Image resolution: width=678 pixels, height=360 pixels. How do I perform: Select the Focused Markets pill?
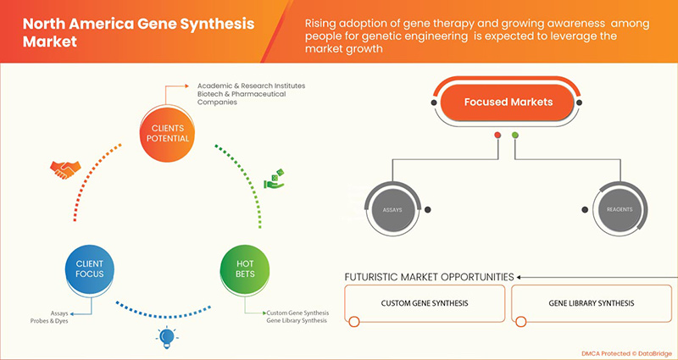coord(508,102)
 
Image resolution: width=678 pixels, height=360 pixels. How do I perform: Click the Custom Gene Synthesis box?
coord(423,303)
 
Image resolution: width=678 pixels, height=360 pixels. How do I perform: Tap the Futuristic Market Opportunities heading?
coord(429,277)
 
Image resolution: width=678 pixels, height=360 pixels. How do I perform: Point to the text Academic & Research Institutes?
coord(251,86)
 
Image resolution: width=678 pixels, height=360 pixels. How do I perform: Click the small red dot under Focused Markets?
coord(497,135)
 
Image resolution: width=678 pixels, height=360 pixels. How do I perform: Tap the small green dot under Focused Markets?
coord(514,135)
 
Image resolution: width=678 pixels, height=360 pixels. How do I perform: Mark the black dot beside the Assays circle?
coord(429,210)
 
